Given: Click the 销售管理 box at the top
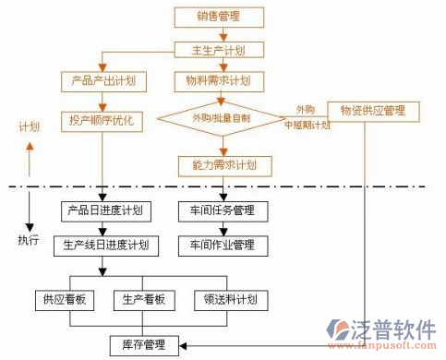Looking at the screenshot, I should click(x=221, y=16).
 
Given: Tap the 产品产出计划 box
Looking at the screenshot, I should click(x=103, y=81).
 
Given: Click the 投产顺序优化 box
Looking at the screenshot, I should click(x=103, y=120).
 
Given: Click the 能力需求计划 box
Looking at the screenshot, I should click(x=224, y=165).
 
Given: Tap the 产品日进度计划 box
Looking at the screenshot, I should click(x=104, y=210).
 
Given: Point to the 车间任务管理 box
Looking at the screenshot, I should click(x=223, y=210).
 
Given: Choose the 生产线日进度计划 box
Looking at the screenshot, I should click(x=104, y=246).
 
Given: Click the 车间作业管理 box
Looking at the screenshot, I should click(x=223, y=246).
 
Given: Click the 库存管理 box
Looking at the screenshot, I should click(x=143, y=345).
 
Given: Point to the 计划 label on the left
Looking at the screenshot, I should click(x=29, y=126).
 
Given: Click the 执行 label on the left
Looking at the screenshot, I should click(x=29, y=240).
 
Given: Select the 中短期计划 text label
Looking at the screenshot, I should click(x=307, y=124).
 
